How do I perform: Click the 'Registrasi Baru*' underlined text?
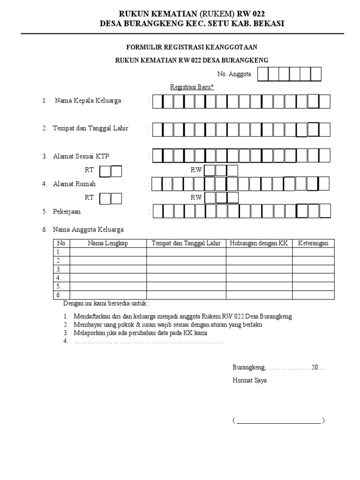click(192, 87)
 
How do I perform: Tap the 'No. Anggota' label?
click(234, 74)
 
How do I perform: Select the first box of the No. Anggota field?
click(263, 74)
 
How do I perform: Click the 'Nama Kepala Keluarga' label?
click(88, 101)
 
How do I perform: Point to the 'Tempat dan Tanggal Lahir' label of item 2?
click(90, 128)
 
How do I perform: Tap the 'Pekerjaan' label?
click(67, 211)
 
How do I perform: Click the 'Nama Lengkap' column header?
click(108, 243)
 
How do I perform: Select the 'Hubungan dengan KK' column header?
click(259, 243)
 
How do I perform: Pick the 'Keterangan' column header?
click(313, 243)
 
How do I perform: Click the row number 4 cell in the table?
click(60, 277)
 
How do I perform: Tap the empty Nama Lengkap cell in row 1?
click(108, 252)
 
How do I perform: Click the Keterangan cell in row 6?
click(313, 295)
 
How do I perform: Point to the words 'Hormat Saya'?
click(250, 381)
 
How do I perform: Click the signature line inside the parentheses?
click(278, 421)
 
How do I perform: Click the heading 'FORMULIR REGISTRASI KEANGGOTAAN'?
click(192, 47)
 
